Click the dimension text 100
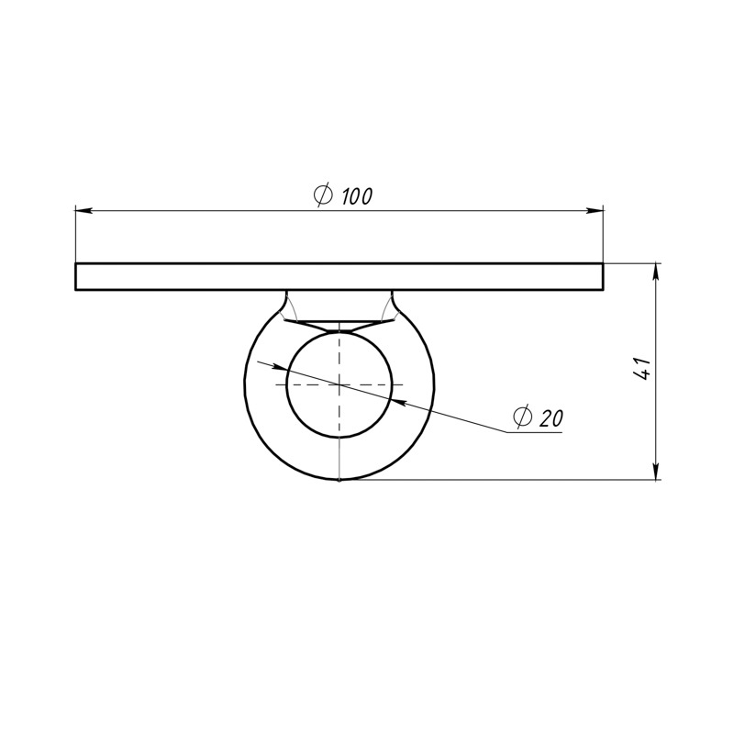pos(357,196)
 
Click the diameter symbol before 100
pos(324,195)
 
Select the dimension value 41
pos(642,369)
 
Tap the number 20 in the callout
pos(551,418)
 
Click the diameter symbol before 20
pos(523,417)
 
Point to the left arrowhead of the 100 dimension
pos(83,211)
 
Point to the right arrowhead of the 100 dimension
pos(595,211)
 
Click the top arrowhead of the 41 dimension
pos(657,272)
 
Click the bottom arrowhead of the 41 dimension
pos(657,472)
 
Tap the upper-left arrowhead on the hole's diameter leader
pos(280,367)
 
